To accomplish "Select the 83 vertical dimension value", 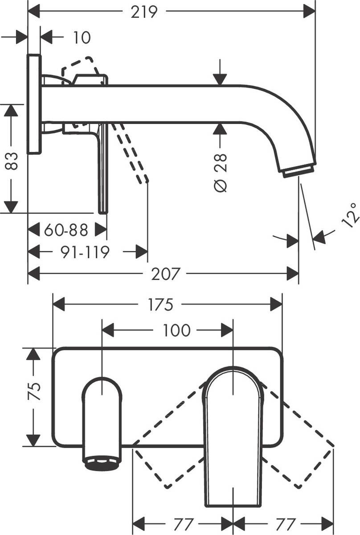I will coord(12,161).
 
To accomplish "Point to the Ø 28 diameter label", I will coord(220,173).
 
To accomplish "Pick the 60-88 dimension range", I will coord(66,230).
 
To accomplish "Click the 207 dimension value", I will coord(165,274).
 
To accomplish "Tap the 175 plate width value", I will coord(160,305).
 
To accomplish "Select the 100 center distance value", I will coord(176,330).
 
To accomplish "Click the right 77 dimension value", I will coord(283,523).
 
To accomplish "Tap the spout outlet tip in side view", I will coord(298,171).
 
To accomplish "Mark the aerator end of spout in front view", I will coord(102,463).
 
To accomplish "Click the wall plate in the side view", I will coord(34,104).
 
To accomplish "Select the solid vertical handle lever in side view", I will coord(103,169).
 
